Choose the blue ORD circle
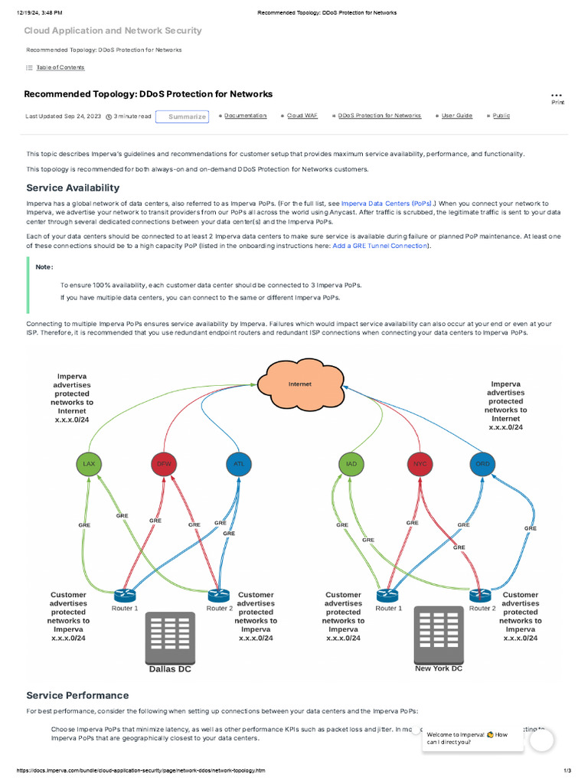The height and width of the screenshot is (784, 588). [482, 464]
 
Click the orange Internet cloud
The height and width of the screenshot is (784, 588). [299, 384]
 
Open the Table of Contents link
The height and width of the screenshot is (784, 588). [60, 67]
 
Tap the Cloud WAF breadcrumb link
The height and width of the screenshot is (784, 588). [302, 116]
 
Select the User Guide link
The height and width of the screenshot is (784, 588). [457, 116]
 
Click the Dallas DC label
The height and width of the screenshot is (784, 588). [170, 668]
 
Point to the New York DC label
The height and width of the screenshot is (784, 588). [439, 668]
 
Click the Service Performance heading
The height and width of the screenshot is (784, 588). [77, 695]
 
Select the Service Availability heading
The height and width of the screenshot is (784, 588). [73, 188]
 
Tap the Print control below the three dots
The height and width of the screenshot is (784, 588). [557, 102]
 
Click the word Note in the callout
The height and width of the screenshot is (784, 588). [44, 267]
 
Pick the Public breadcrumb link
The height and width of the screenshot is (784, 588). [501, 116]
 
